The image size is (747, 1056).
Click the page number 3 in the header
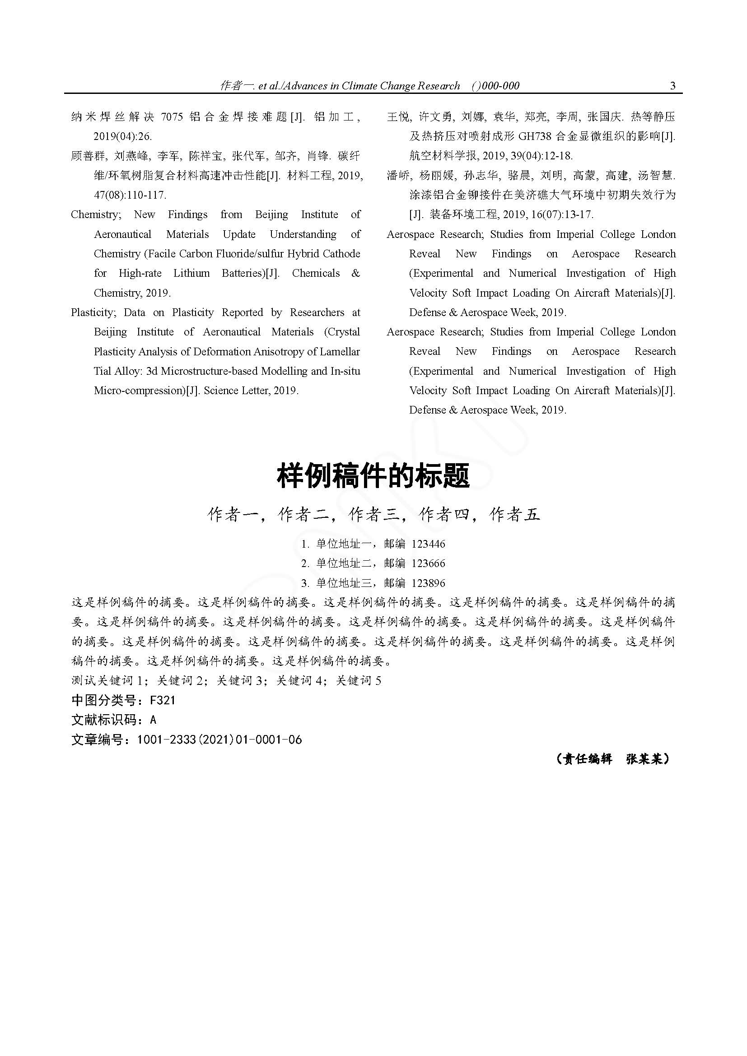point(673,86)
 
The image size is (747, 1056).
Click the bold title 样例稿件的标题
point(373,476)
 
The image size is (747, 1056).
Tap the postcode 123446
point(428,544)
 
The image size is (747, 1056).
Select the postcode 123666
point(428,563)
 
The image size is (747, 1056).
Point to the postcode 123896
point(428,583)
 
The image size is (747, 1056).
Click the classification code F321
point(163,701)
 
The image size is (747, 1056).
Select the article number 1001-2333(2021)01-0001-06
point(219,740)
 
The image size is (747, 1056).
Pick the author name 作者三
point(373,515)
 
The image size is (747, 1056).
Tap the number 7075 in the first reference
point(172,117)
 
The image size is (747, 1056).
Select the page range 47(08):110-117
point(130,195)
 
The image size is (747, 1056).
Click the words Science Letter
point(234,391)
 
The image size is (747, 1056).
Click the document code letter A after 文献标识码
point(153,720)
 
